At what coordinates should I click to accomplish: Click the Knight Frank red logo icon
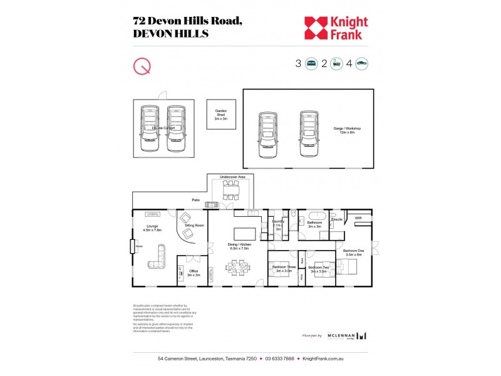click(x=315, y=28)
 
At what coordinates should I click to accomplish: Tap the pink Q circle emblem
click(x=142, y=65)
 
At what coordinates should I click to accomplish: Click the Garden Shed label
click(x=220, y=115)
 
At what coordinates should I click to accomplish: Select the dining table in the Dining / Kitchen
click(x=237, y=268)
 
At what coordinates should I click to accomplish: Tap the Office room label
click(x=193, y=273)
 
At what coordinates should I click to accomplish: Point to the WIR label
click(x=358, y=218)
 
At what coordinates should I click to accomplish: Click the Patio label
click(x=196, y=200)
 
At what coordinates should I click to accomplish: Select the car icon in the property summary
click(x=361, y=63)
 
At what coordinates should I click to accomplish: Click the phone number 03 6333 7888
click(x=279, y=359)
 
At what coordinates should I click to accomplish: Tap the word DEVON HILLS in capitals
click(x=170, y=34)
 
